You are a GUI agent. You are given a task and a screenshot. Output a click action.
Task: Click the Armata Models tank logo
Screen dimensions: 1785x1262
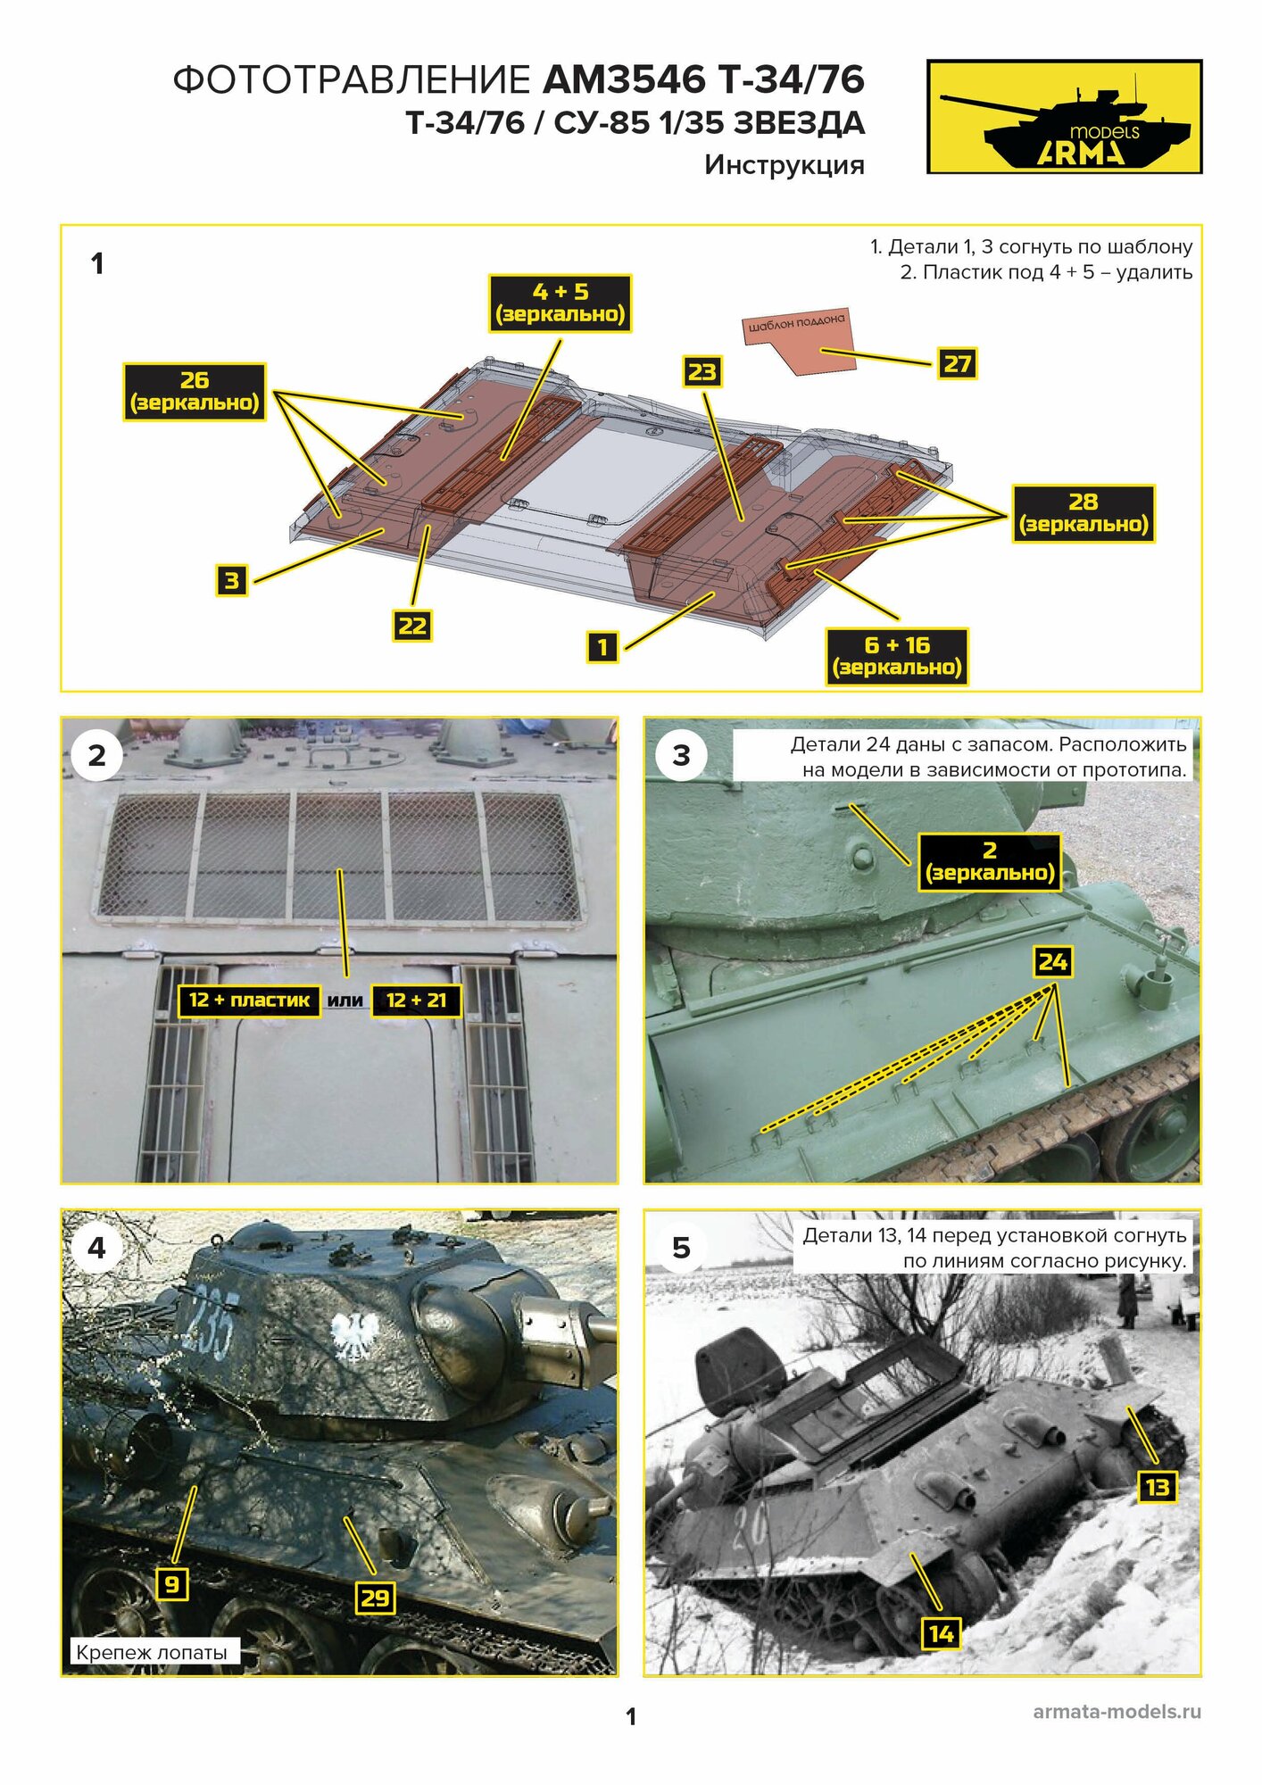(1064, 117)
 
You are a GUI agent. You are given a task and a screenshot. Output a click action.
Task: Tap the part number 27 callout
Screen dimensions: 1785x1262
(957, 364)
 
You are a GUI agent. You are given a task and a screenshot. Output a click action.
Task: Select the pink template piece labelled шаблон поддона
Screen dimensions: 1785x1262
(798, 340)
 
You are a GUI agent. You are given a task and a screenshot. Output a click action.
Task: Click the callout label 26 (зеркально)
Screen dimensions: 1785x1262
(195, 392)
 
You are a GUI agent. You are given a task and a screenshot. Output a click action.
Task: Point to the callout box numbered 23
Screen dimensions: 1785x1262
(702, 372)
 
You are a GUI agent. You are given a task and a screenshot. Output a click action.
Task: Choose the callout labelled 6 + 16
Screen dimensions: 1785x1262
(897, 656)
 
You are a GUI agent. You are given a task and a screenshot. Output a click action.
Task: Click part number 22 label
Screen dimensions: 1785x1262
(411, 626)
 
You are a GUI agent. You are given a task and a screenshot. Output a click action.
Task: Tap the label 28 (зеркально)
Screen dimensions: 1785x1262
(1083, 513)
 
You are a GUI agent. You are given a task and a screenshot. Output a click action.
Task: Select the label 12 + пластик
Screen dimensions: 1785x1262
(249, 1000)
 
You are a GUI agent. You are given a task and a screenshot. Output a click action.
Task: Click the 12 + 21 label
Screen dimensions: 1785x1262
(417, 1000)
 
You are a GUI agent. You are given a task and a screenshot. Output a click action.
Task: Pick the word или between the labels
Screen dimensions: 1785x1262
(345, 1000)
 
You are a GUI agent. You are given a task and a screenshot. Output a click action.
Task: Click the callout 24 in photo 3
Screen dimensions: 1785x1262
(1052, 962)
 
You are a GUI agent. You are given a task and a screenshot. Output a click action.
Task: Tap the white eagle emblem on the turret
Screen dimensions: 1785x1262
(355, 1335)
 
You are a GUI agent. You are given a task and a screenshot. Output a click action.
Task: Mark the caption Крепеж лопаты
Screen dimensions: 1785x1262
(152, 1652)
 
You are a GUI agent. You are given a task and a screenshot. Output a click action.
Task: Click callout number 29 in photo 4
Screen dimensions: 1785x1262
(375, 1598)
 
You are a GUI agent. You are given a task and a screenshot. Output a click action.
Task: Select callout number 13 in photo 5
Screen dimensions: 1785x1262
(1157, 1487)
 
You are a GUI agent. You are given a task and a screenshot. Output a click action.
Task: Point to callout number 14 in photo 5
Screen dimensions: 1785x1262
(941, 1634)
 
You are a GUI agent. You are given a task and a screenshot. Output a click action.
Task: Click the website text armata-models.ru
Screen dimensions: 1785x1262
(1117, 1712)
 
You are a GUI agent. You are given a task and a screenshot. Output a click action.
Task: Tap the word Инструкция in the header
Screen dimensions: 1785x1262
(784, 165)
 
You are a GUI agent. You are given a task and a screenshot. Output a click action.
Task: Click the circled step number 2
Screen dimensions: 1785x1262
(96, 756)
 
